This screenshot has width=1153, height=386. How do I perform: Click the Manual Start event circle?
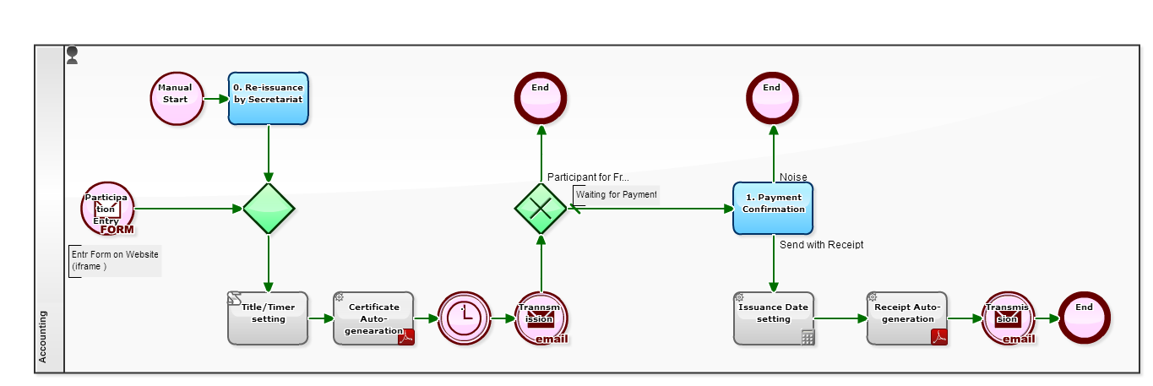point(176,98)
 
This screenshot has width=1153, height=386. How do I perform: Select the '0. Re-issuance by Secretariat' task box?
point(268,98)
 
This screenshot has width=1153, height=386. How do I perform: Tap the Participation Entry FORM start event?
point(107,209)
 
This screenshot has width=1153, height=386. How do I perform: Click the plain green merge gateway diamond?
point(269,209)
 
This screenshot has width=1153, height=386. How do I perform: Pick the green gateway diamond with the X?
point(541,209)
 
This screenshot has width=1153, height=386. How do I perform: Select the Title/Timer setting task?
point(268,318)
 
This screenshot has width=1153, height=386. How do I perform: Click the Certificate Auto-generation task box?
point(373,318)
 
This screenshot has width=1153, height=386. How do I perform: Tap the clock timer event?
point(465,318)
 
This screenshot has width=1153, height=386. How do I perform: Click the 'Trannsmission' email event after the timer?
point(541,318)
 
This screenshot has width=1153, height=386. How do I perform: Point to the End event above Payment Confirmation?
point(772,98)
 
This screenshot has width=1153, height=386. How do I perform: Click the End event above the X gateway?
point(541,98)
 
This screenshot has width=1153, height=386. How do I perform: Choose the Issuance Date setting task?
point(773,318)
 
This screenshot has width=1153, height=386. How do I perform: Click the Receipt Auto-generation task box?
point(906,318)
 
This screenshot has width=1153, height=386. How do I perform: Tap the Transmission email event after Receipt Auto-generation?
point(1008,318)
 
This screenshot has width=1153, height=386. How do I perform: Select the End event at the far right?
point(1084,318)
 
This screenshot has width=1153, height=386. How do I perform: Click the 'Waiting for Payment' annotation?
point(616,195)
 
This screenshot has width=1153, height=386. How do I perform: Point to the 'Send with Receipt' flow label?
point(821,245)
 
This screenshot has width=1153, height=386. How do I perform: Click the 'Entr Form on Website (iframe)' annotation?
point(115,260)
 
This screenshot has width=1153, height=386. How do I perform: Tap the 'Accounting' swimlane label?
point(44,337)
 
